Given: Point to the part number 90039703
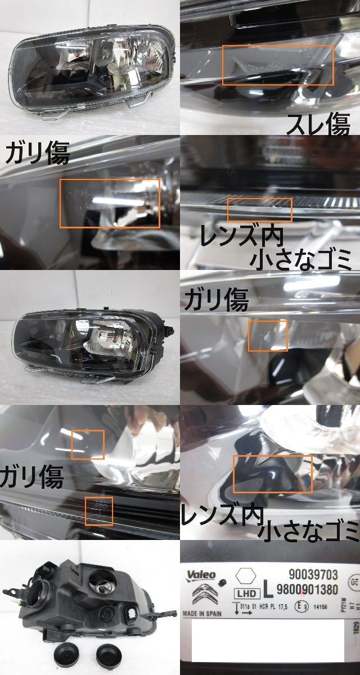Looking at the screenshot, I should [x=313, y=574].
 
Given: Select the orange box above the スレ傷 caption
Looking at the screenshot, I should [x=278, y=65].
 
